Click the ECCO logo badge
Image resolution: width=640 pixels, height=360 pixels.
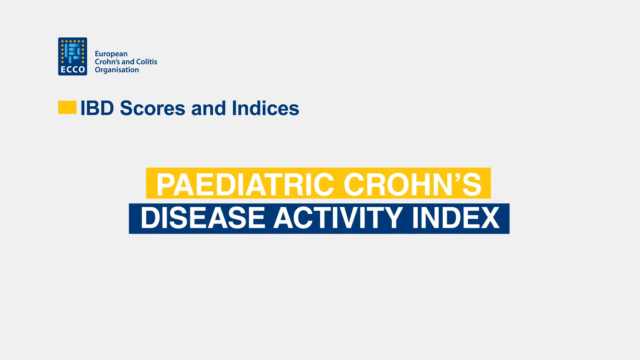click(x=73, y=56)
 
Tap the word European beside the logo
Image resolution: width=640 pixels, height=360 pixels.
click(x=111, y=54)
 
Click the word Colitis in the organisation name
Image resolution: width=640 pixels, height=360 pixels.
click(x=147, y=62)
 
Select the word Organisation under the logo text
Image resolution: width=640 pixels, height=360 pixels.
click(x=117, y=70)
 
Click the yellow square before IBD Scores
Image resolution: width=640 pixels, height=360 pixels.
click(x=67, y=107)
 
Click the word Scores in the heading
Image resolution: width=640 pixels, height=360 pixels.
click(x=152, y=108)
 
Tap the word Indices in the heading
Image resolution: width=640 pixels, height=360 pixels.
click(x=265, y=108)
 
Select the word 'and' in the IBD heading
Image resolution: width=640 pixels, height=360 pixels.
click(x=208, y=108)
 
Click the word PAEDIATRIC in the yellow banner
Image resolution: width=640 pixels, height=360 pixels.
click(x=245, y=184)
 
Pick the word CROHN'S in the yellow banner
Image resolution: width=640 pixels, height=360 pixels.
click(x=413, y=184)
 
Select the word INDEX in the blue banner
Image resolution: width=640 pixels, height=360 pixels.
click(x=456, y=218)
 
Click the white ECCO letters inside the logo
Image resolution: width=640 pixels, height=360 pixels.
click(x=73, y=69)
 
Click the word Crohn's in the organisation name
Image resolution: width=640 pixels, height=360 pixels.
click(x=107, y=62)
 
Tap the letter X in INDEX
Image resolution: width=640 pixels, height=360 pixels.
click(x=489, y=218)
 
